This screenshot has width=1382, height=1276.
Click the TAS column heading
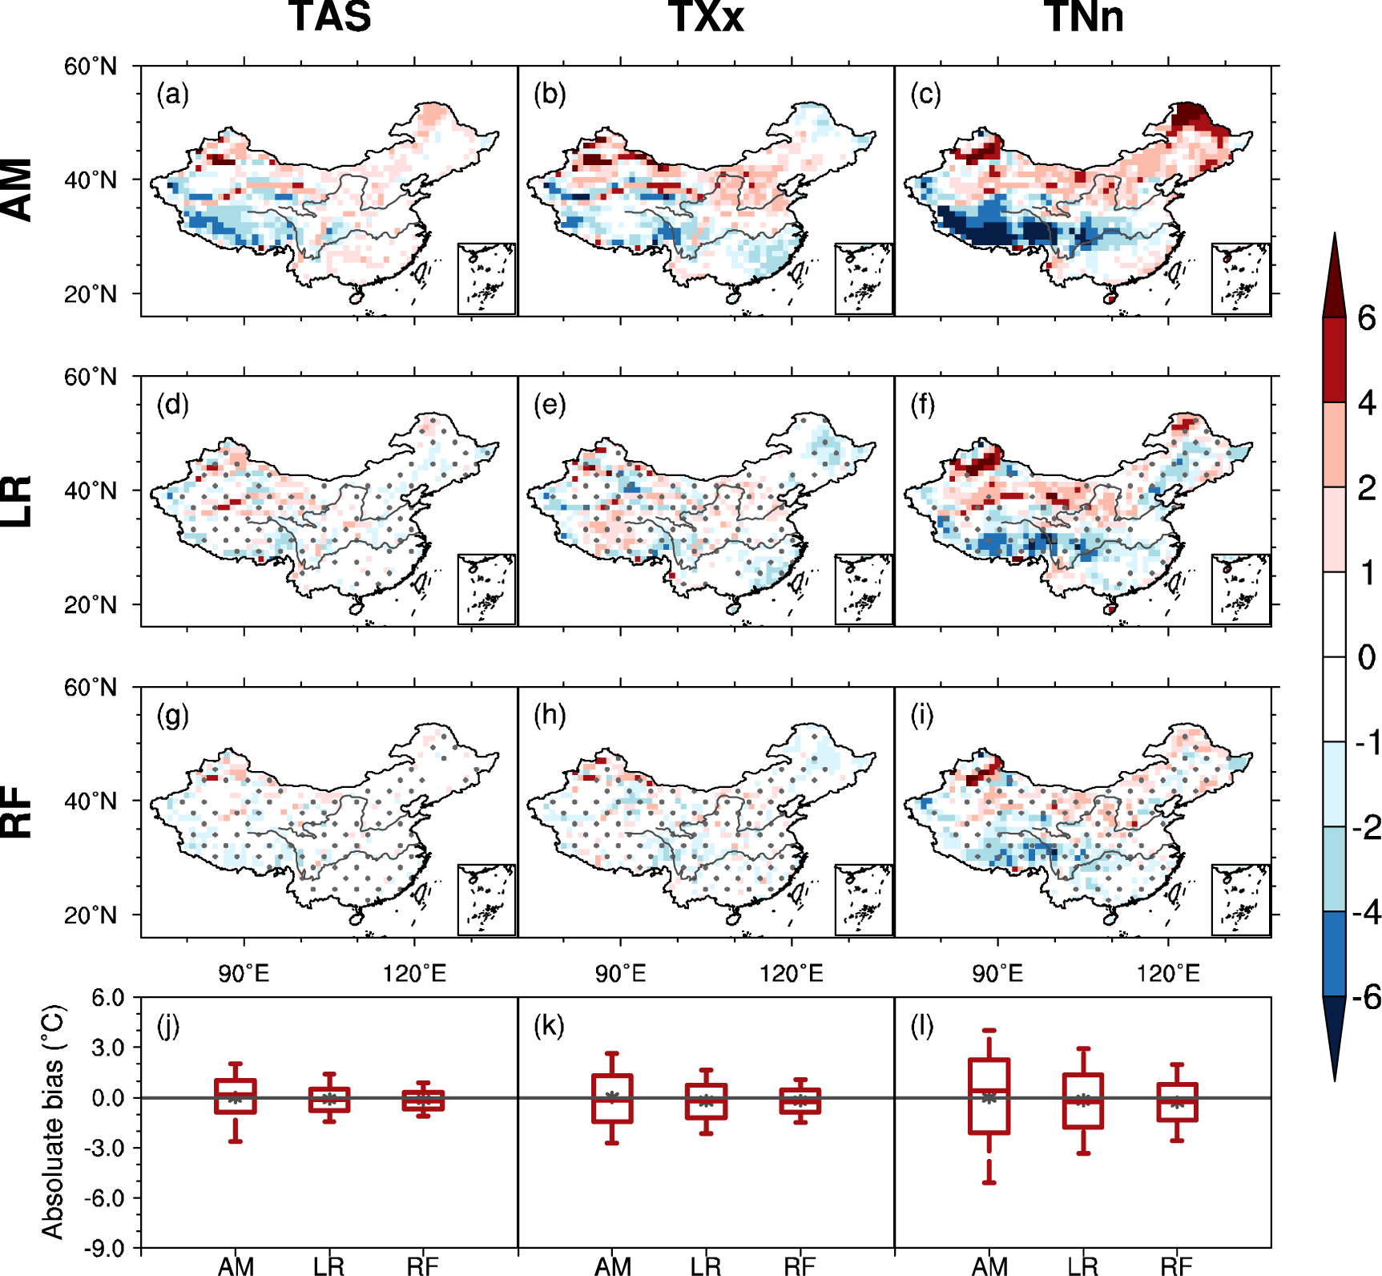click(330, 18)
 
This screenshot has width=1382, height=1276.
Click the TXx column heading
click(707, 18)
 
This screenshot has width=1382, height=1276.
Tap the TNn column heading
click(1083, 18)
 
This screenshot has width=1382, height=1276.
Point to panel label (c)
click(925, 95)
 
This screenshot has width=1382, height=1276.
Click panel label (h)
click(550, 714)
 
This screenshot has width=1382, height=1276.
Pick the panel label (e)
click(550, 404)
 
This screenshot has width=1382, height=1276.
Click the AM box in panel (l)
click(989, 1096)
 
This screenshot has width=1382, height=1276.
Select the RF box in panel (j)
click(423, 1100)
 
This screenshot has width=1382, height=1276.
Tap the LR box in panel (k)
click(706, 1101)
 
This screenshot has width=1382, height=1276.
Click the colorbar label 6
click(1366, 319)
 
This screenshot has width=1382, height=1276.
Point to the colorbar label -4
click(1366, 912)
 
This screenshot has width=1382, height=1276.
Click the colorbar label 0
click(1366, 657)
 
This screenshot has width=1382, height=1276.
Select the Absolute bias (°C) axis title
click(52, 1122)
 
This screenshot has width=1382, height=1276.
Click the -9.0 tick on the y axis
click(107, 1248)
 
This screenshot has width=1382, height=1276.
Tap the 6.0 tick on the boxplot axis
click(107, 998)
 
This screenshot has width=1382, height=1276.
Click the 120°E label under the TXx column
click(791, 974)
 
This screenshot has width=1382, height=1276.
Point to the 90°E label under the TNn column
click(997, 974)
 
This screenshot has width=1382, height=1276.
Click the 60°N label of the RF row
click(90, 688)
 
